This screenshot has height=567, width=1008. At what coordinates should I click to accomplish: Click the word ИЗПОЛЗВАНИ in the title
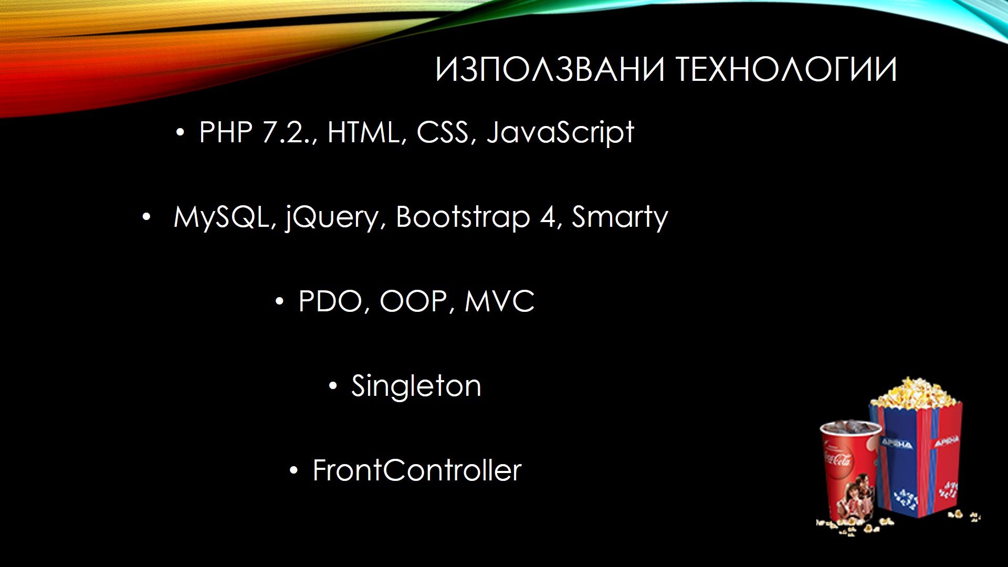coord(550,70)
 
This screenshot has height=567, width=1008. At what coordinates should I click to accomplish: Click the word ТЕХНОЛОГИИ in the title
coord(786,70)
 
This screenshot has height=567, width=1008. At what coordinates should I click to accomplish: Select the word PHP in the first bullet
coord(226,132)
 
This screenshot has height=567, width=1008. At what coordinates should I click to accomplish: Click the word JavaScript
coord(561,133)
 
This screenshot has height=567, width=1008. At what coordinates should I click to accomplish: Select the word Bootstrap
coord(463,217)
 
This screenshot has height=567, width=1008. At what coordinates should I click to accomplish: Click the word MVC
coord(500,301)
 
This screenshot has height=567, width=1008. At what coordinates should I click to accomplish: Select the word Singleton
coord(416,387)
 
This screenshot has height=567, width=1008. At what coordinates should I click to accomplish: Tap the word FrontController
coord(417,470)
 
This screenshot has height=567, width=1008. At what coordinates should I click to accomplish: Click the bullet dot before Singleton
coord(333,387)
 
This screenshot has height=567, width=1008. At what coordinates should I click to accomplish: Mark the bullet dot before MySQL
coord(146,217)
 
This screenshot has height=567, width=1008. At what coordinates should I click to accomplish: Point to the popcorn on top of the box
coord(916,393)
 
